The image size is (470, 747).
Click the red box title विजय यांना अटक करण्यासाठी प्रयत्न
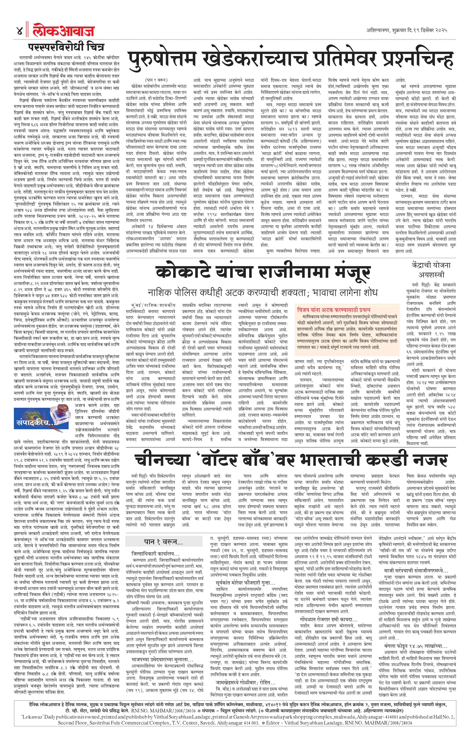point(333,310)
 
